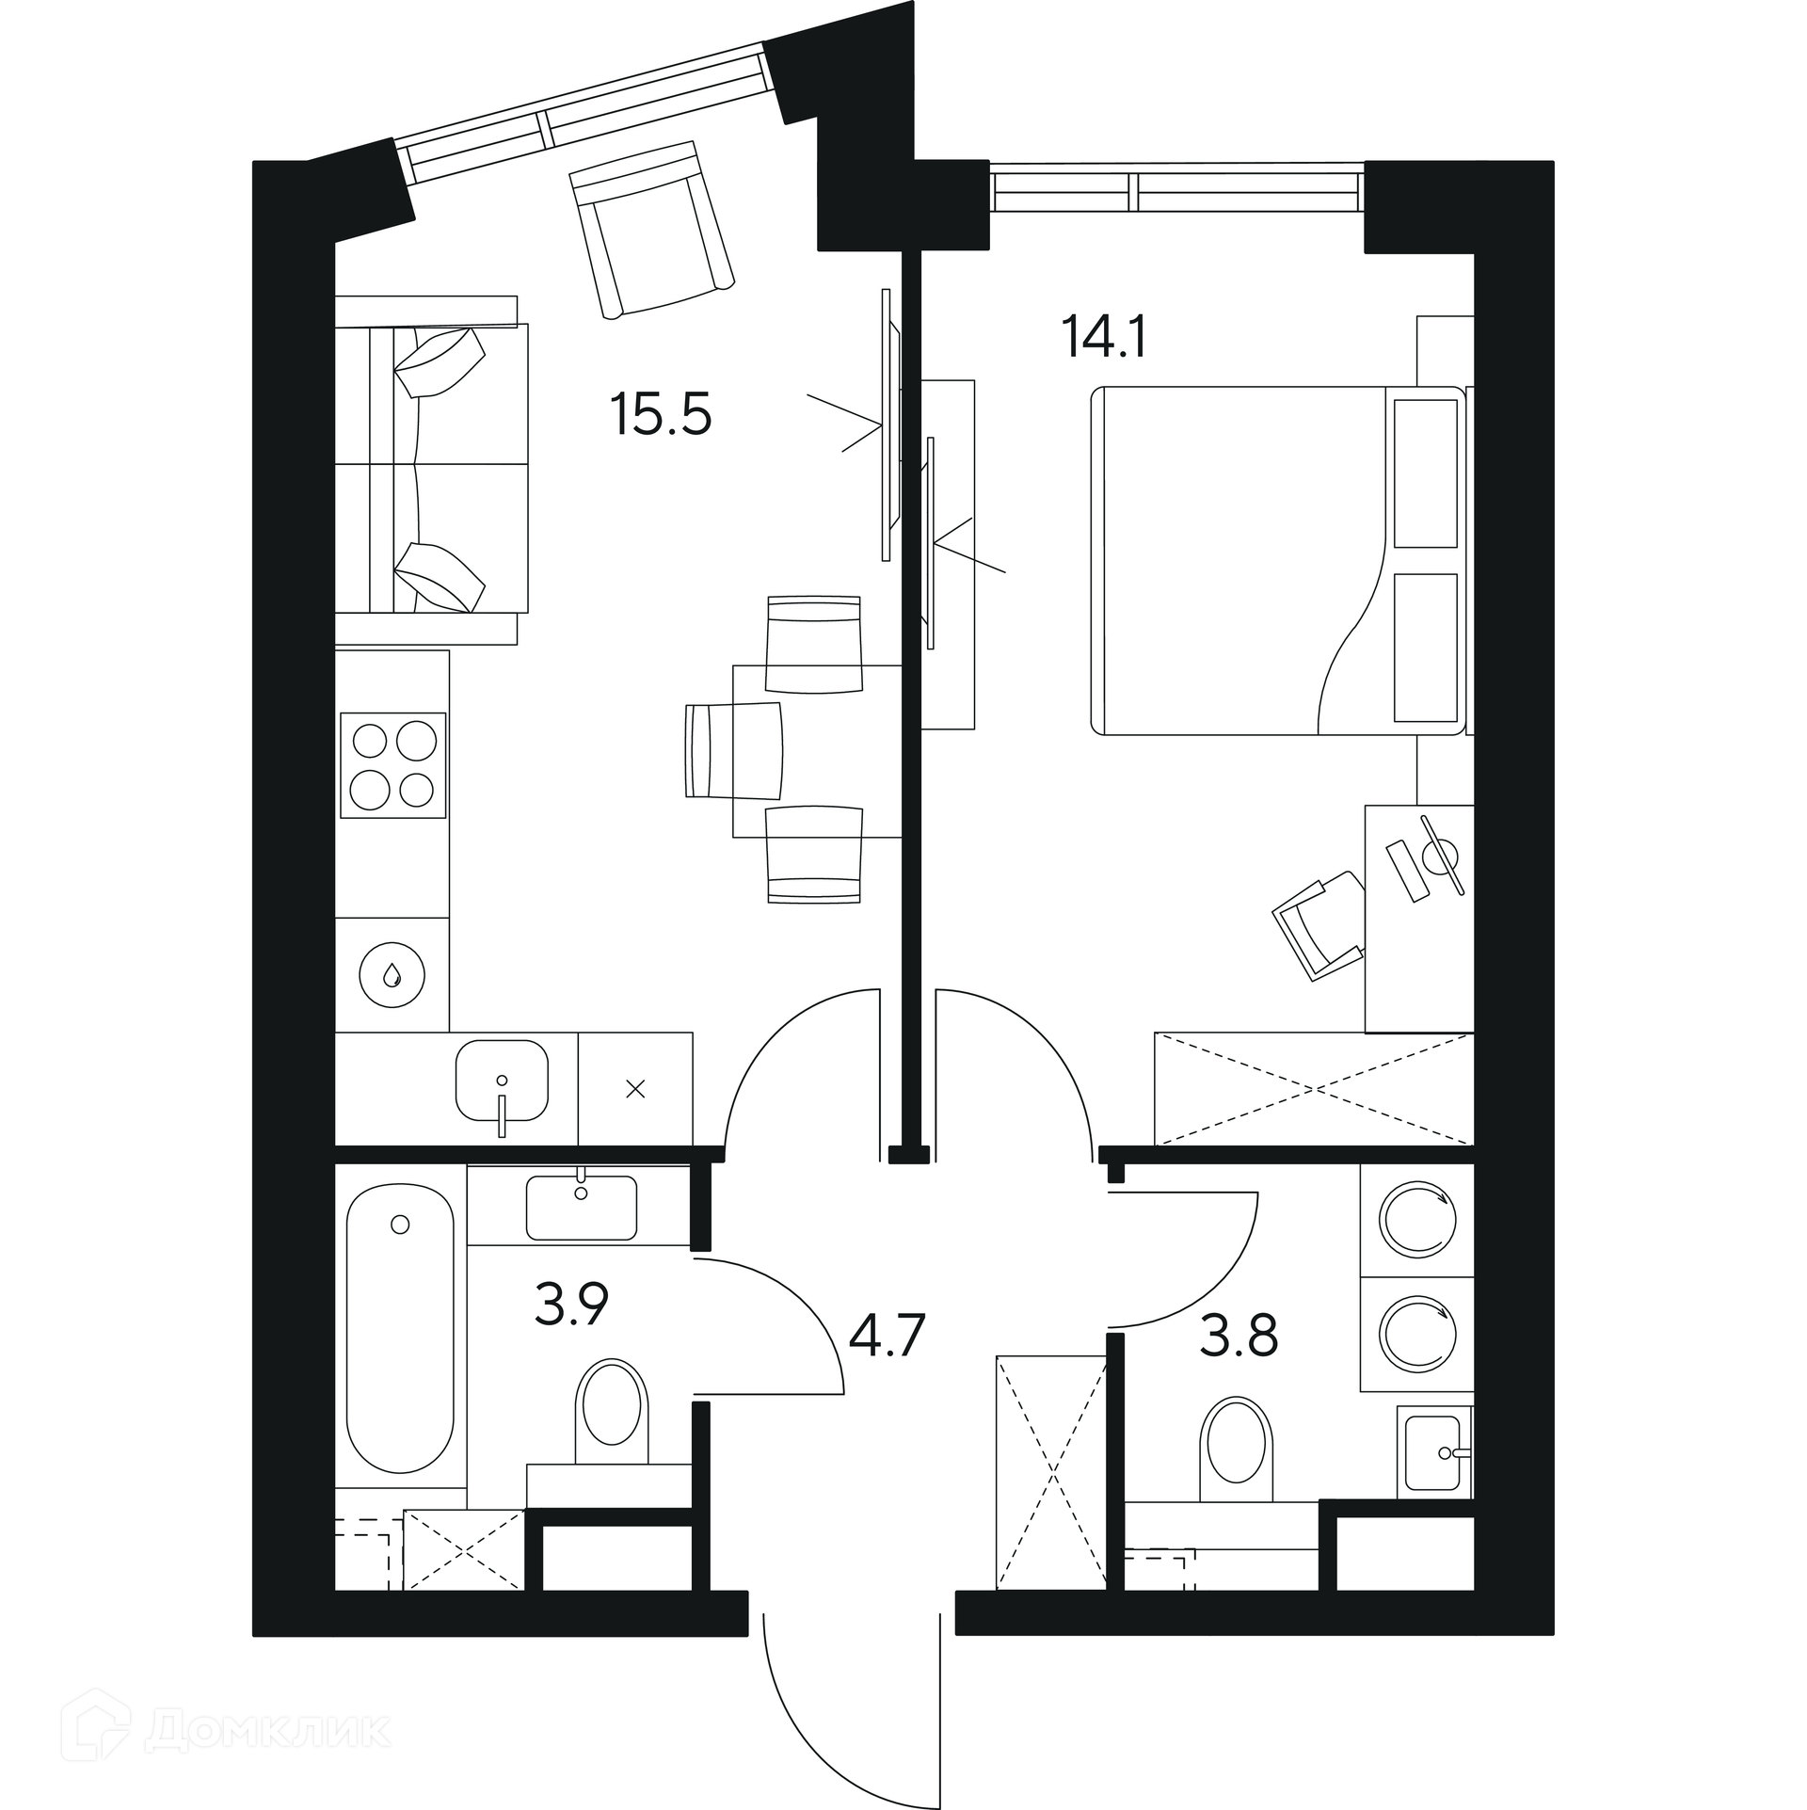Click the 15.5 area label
point(661,414)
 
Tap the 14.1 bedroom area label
point(1104,337)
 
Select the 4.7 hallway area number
point(888,1336)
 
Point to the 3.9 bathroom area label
point(571,1304)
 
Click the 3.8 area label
point(1239,1336)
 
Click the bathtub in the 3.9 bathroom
point(400,1340)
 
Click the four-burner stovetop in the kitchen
point(392,765)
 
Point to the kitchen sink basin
point(502,1080)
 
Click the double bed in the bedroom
point(1278,560)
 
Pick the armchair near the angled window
point(651,230)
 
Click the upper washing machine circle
point(1417,1220)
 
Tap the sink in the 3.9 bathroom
point(581,1207)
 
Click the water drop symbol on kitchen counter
point(392,975)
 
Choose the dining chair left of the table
point(735,750)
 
